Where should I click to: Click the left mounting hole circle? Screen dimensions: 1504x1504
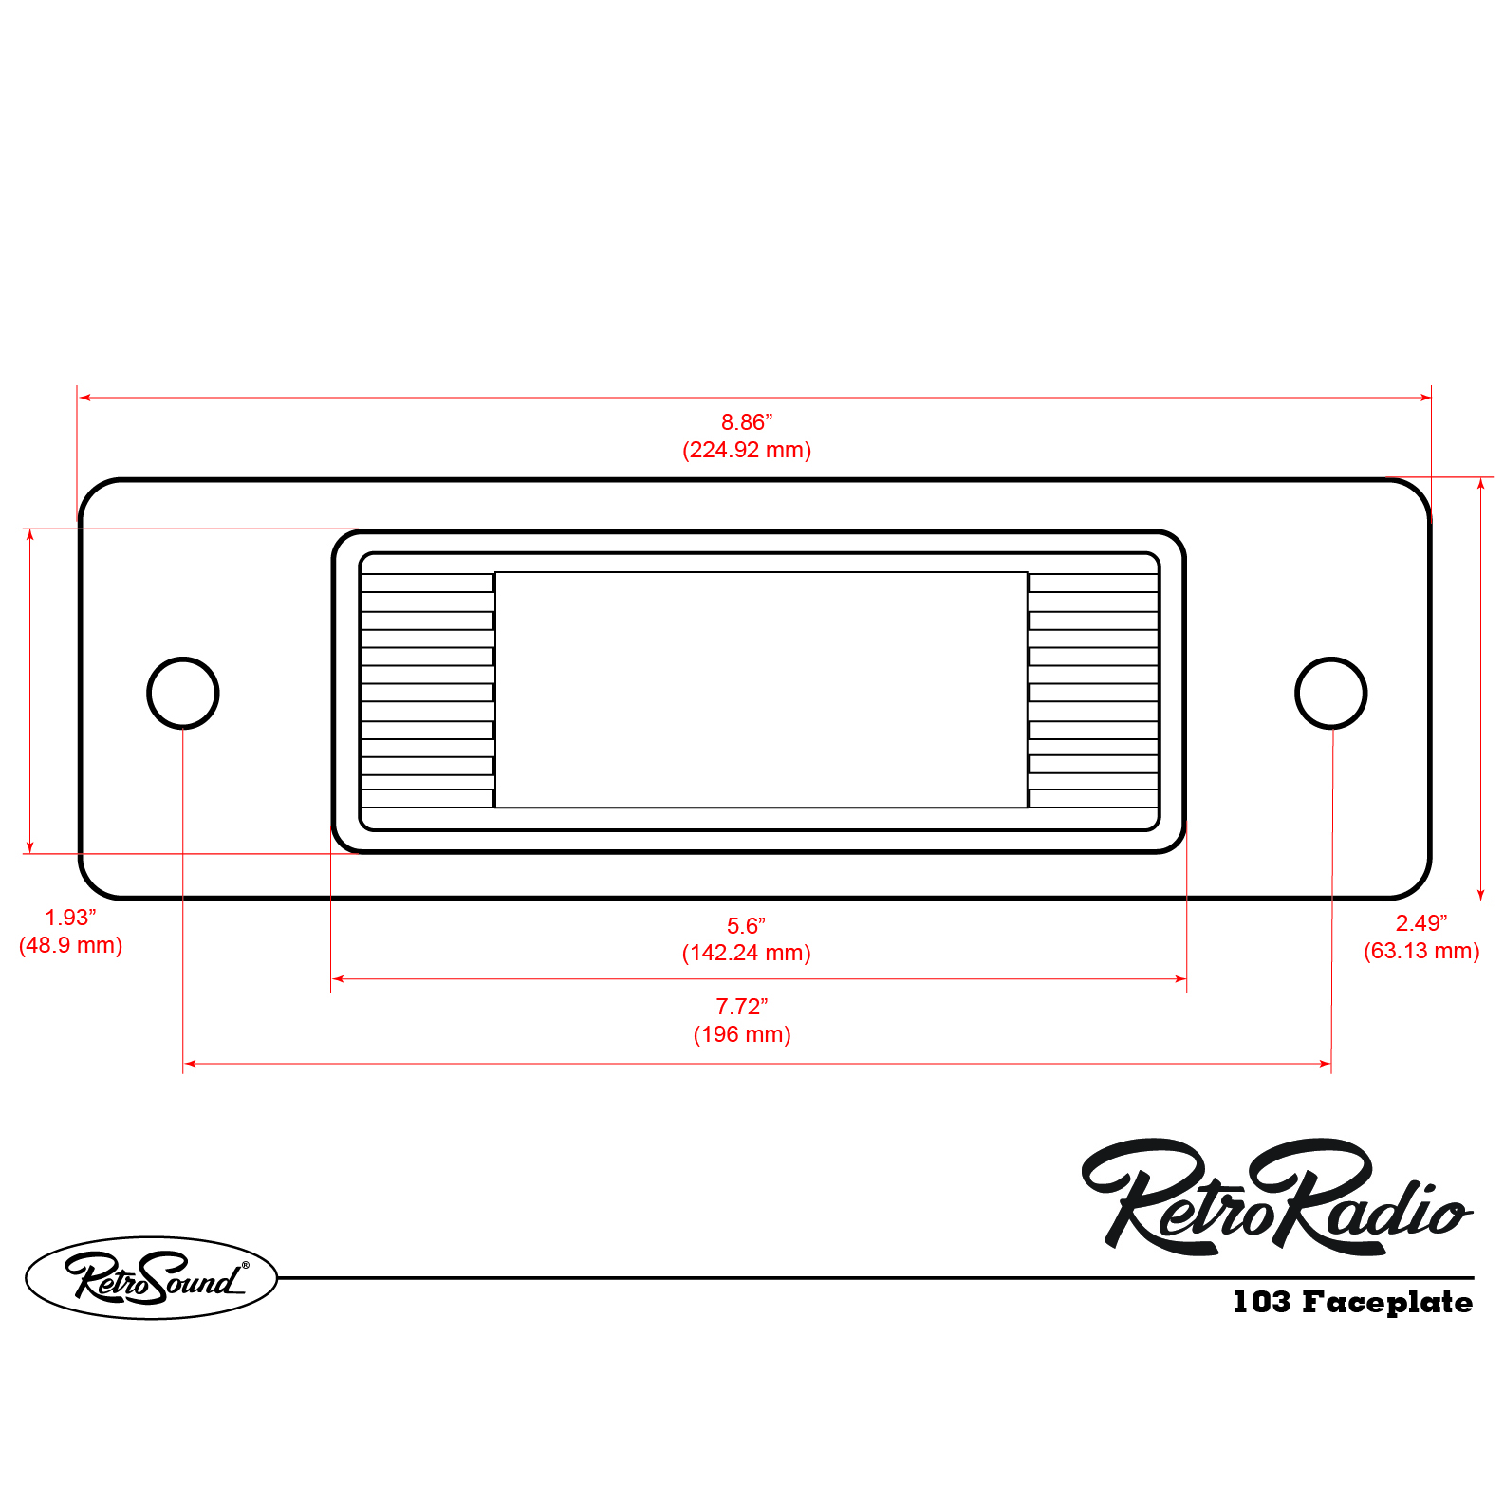[x=183, y=693]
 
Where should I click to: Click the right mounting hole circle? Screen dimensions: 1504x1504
[x=1330, y=693]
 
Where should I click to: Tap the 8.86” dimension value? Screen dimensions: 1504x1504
[x=747, y=421]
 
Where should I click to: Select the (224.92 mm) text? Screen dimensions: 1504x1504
[x=747, y=450]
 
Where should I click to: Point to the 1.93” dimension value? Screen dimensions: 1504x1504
[x=70, y=918]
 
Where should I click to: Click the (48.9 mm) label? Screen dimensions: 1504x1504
[x=70, y=945]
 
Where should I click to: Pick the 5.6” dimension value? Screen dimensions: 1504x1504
[x=746, y=925]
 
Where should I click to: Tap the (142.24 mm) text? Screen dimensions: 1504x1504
[x=746, y=953]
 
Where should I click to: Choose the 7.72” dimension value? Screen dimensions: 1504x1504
[x=741, y=1006]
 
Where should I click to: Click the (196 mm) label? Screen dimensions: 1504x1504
[x=741, y=1034]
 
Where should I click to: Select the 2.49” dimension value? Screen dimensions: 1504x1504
[x=1420, y=923]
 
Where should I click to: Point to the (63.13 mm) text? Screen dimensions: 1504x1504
[x=1420, y=951]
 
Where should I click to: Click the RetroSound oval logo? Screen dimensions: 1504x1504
[x=151, y=1277]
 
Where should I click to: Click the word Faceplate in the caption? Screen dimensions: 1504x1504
[x=1386, y=1302]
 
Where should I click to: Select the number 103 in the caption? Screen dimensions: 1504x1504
[x=1261, y=1302]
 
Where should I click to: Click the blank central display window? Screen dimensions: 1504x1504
[x=761, y=690]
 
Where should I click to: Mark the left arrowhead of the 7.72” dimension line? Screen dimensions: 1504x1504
[x=189, y=1064]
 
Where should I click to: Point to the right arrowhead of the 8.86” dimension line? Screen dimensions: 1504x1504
[x=1425, y=398]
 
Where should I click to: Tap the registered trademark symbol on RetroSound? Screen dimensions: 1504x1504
[x=245, y=1265]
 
